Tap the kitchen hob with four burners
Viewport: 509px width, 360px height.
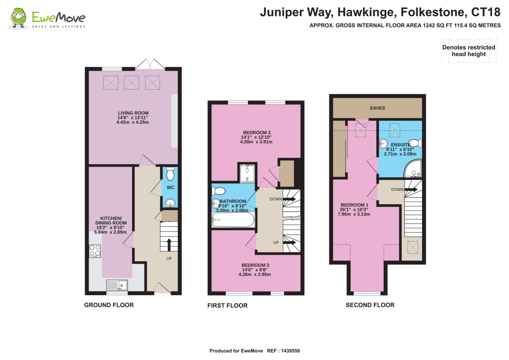point(95,251)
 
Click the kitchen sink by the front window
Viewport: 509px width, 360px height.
point(117,285)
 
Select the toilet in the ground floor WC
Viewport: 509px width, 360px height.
point(170,174)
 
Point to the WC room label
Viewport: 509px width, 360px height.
point(170,187)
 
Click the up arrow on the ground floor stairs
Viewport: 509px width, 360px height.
point(169,245)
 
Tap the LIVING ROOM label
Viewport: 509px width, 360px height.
point(133,113)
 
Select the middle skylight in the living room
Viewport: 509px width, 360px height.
point(131,83)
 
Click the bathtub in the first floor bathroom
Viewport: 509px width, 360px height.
point(233,220)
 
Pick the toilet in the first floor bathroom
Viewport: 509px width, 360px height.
point(219,191)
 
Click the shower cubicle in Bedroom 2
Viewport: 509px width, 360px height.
point(247,173)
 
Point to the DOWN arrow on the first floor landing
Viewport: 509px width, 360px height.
point(289,199)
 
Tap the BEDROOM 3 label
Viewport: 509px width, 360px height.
point(255,265)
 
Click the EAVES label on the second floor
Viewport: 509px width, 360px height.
point(377,108)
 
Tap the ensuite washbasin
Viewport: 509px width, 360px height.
point(383,144)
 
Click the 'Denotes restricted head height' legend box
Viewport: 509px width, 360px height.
point(469,51)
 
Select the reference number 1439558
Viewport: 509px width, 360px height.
point(290,351)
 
